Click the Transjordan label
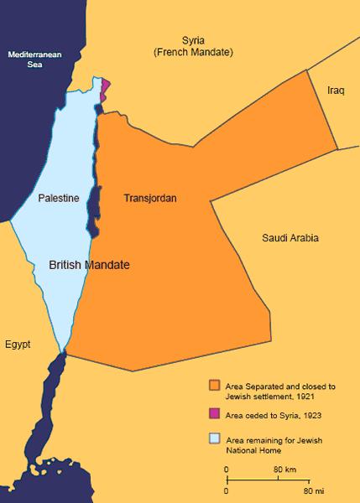click(149, 199)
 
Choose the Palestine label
click(59, 199)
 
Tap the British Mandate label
click(89, 263)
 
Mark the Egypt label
click(18, 345)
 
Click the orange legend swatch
click(215, 386)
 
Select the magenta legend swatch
click(215, 414)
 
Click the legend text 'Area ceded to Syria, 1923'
click(269, 414)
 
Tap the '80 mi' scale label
click(314, 490)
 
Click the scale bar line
click(269, 479)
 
